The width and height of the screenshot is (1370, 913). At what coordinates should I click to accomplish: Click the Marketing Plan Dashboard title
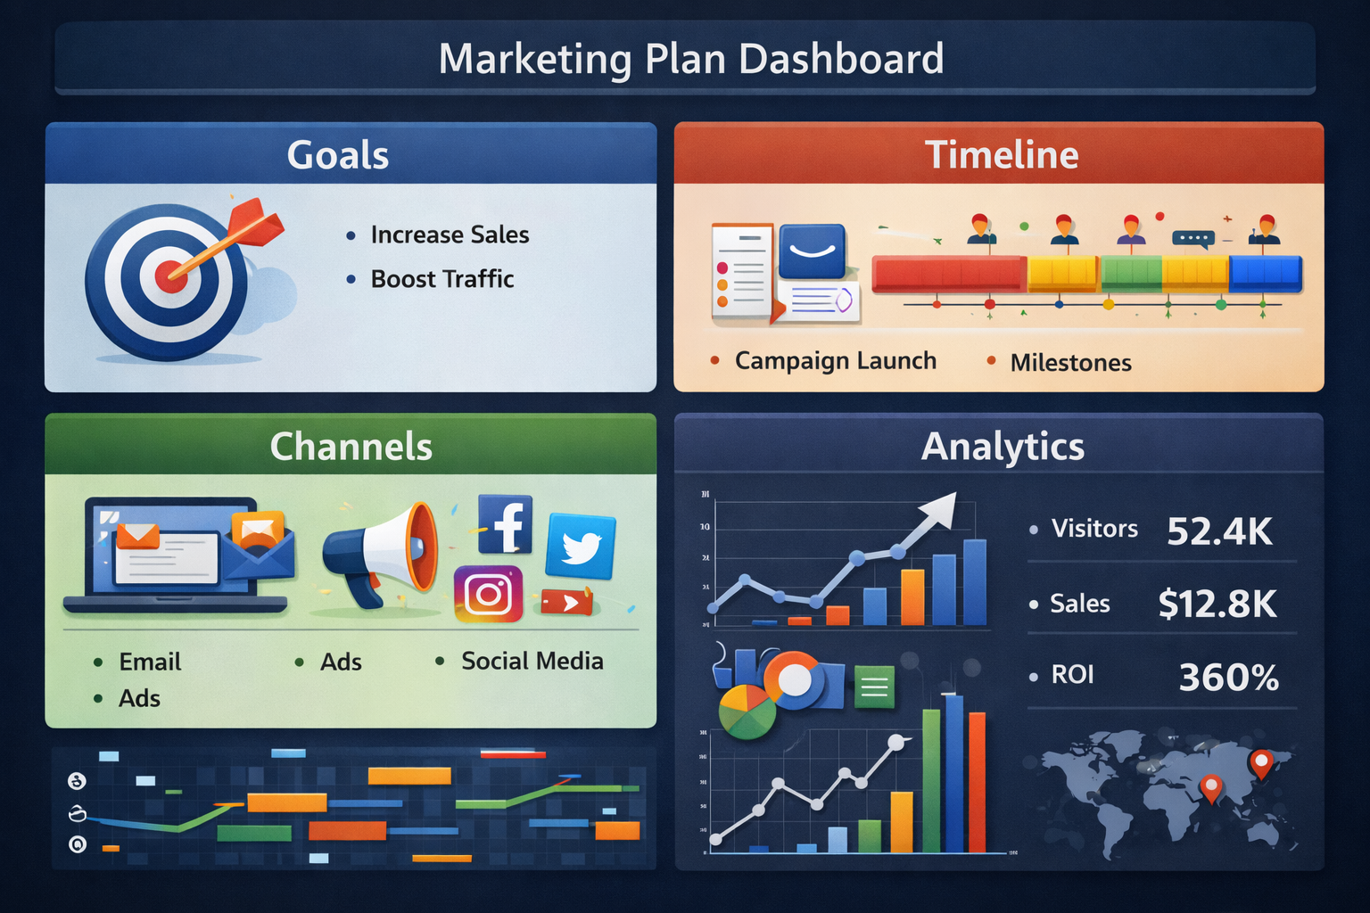coord(691,60)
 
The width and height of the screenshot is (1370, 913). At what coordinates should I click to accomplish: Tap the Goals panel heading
coord(338,155)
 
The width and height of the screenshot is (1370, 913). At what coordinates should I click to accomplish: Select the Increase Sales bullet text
coord(450,234)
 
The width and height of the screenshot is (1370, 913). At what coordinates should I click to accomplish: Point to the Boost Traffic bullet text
coord(442,279)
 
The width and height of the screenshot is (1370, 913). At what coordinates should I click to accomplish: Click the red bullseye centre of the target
coord(170,276)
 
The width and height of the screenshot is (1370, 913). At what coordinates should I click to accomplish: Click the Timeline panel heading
coord(1002,155)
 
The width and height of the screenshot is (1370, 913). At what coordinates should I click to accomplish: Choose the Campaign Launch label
coord(835,361)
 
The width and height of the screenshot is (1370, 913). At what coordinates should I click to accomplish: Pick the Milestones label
coord(1070,363)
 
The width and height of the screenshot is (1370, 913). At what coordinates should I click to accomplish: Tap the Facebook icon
coord(505,524)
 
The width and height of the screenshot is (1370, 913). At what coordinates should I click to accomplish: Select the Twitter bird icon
coord(581,546)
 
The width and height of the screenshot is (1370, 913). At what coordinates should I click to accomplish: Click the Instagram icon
coord(488,594)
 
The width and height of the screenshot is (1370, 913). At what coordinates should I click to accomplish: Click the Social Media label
coord(532,661)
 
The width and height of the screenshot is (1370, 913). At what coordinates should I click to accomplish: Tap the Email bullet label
coord(150,662)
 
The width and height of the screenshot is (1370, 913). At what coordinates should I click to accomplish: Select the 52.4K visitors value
coord(1219,531)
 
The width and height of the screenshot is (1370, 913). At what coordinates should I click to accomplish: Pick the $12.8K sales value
coord(1217,605)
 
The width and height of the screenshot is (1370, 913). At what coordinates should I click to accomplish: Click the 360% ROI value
coord(1228,679)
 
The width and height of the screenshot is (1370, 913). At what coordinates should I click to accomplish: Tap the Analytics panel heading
coord(1003,447)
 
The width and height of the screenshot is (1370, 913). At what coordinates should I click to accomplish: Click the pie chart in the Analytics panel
coord(747,711)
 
